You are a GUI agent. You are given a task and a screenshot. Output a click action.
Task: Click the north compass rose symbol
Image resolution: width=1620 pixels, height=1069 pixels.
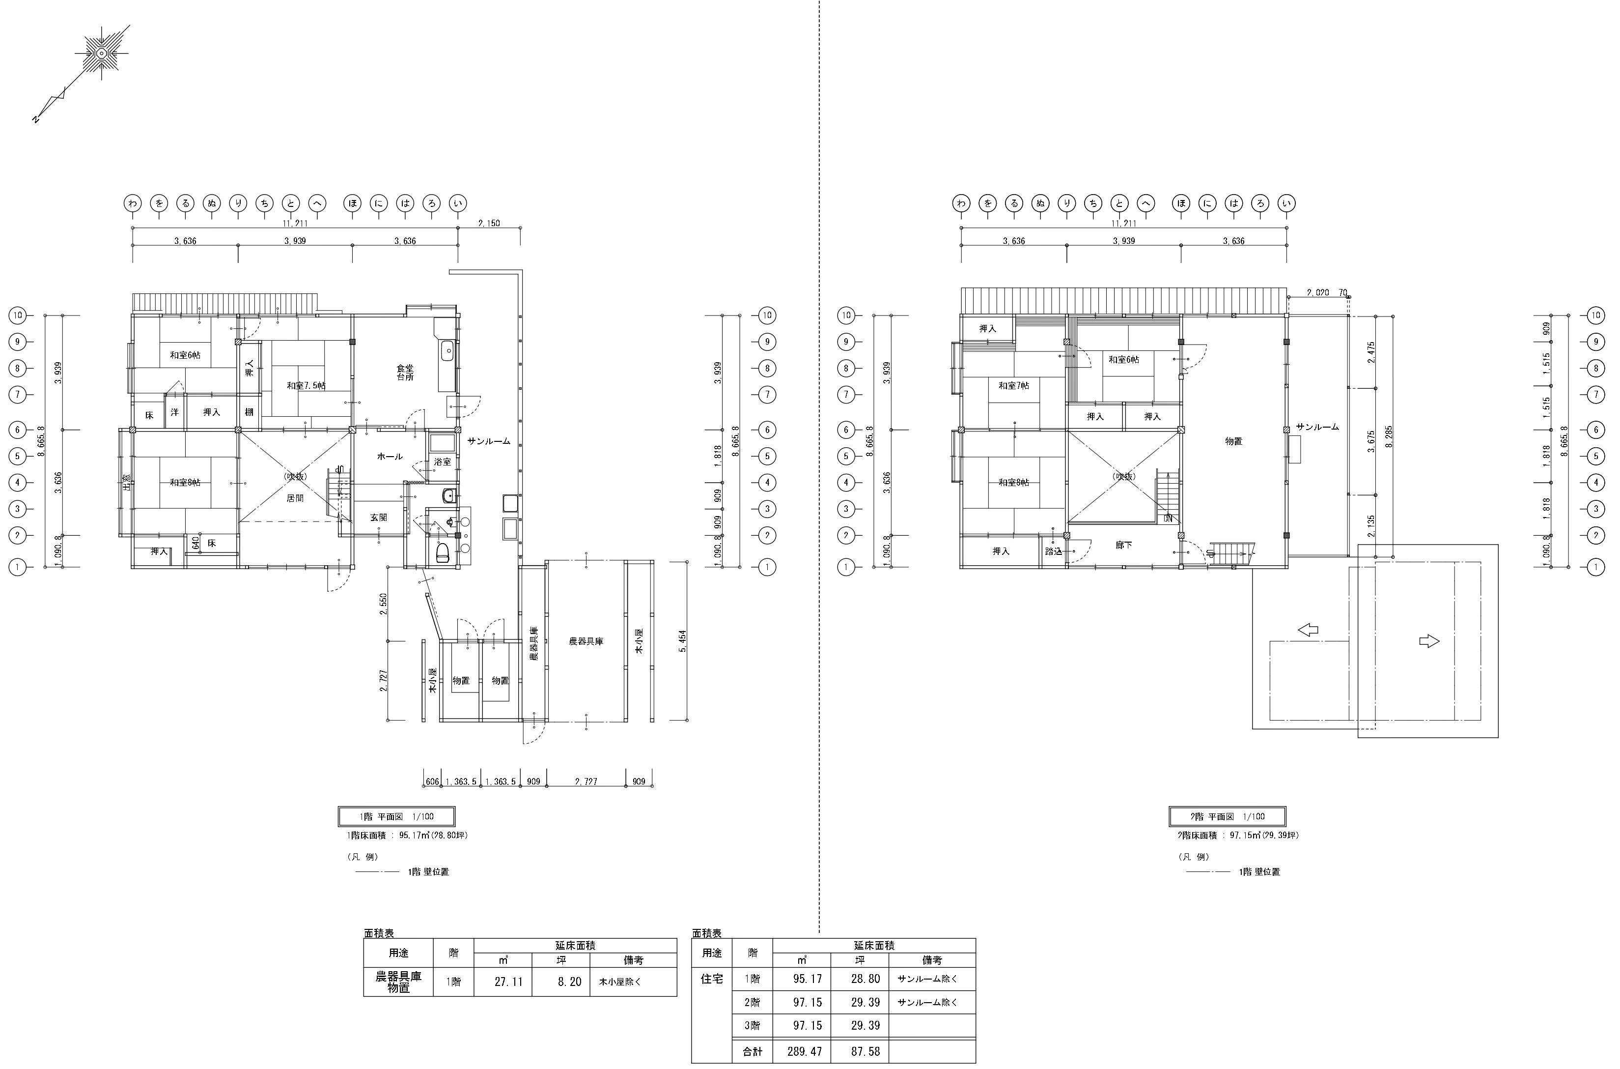coord(101,53)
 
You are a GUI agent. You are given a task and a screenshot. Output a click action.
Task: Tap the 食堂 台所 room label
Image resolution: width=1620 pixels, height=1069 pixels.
coord(405,372)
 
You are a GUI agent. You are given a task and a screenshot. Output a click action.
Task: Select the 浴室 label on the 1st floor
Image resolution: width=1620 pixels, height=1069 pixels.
coord(442,462)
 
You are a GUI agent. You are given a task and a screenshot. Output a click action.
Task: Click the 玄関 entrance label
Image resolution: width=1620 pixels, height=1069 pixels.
coord(379,518)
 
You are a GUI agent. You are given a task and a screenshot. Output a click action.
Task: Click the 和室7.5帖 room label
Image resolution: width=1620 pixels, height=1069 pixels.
coord(306,386)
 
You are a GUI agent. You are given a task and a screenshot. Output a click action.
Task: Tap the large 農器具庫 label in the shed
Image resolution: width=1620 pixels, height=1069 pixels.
coord(586,641)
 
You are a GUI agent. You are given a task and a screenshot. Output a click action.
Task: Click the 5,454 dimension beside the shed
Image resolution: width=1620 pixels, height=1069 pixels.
coord(683,641)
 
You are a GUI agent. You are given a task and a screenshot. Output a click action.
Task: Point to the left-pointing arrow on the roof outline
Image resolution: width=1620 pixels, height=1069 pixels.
coord(1308,631)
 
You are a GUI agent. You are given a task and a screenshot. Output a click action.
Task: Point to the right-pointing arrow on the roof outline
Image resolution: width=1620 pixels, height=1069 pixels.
coord(1428,641)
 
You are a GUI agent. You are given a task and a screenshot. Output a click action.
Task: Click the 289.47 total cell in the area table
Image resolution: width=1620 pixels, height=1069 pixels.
coord(805,1051)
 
